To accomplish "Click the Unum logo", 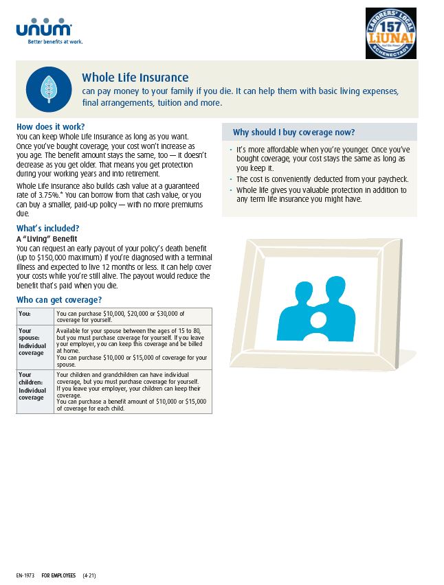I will click(43, 28).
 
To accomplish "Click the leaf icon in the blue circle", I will click(49, 89).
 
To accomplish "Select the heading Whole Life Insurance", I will click(135, 78).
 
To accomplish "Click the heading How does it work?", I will click(50, 127).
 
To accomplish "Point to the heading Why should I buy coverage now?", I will click(293, 133).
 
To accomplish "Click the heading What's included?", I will click(47, 229).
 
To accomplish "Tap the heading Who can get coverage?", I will click(58, 300).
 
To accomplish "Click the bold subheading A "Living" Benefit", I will click(46, 238).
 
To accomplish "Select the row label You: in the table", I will click(25, 313).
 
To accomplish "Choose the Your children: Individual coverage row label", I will click(32, 386).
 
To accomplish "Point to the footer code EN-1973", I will click(25, 575).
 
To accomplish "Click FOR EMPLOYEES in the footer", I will click(58, 575).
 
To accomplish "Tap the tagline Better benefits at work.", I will click(55, 42).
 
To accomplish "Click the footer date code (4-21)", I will click(89, 575).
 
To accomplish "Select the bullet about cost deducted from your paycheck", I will click(322, 179).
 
